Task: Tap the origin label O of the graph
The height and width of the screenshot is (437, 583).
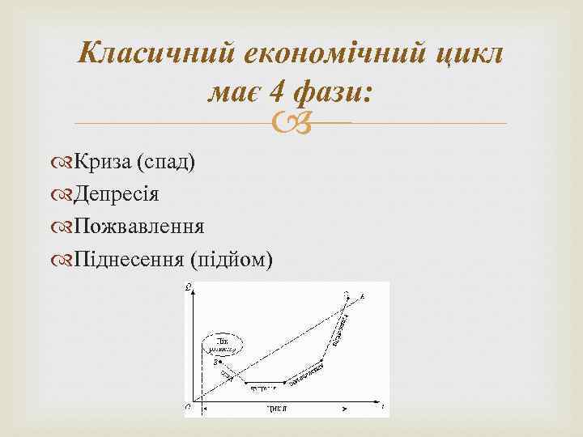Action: pos(188,406)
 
